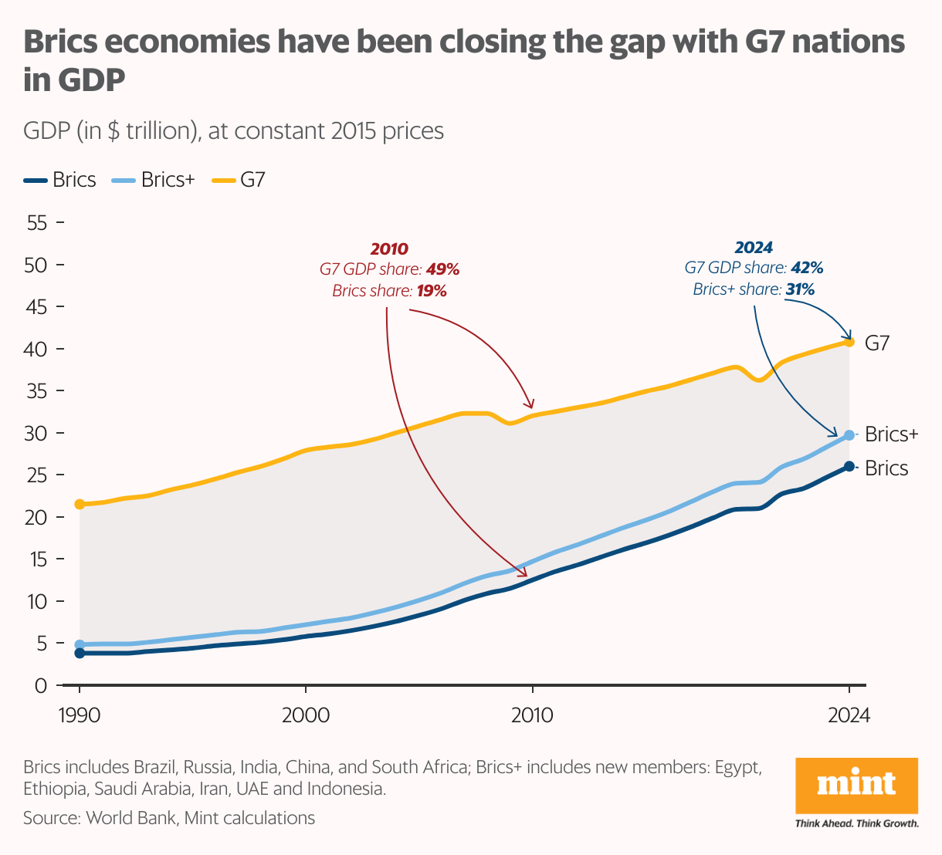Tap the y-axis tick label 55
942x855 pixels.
[x=36, y=223]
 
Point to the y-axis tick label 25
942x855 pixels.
[x=36, y=475]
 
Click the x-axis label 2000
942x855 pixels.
[x=306, y=715]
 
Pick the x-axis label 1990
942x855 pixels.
[x=80, y=715]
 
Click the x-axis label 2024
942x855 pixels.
[x=848, y=715]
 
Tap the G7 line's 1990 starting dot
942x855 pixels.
[x=80, y=504]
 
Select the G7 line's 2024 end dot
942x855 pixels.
[x=849, y=341]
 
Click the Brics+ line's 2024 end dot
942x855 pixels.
[x=849, y=435]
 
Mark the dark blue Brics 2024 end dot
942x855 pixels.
[x=849, y=466]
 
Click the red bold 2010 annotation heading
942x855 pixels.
[x=389, y=249]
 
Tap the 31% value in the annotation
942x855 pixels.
[x=800, y=289]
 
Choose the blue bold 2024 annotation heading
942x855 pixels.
[x=754, y=248]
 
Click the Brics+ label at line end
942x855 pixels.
[x=891, y=434]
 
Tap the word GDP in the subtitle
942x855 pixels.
[x=47, y=130]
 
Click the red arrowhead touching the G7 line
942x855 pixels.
[x=530, y=405]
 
